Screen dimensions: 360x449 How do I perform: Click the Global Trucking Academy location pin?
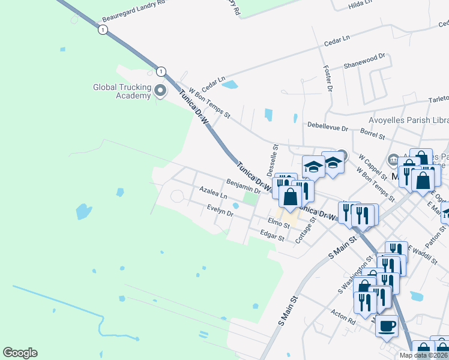[x=160, y=91]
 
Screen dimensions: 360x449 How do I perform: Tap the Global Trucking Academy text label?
[x=121, y=91]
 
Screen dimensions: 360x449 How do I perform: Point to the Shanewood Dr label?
[x=364, y=59]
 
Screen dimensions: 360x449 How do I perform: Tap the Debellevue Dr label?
[x=327, y=128]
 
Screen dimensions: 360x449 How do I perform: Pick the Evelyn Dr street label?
[x=219, y=211]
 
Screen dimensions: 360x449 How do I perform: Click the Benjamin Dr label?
[x=243, y=185]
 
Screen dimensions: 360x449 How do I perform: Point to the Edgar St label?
[x=272, y=235]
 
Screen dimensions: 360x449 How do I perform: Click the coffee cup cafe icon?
[x=387, y=326]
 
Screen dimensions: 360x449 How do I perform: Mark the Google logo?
[x=20, y=353]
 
